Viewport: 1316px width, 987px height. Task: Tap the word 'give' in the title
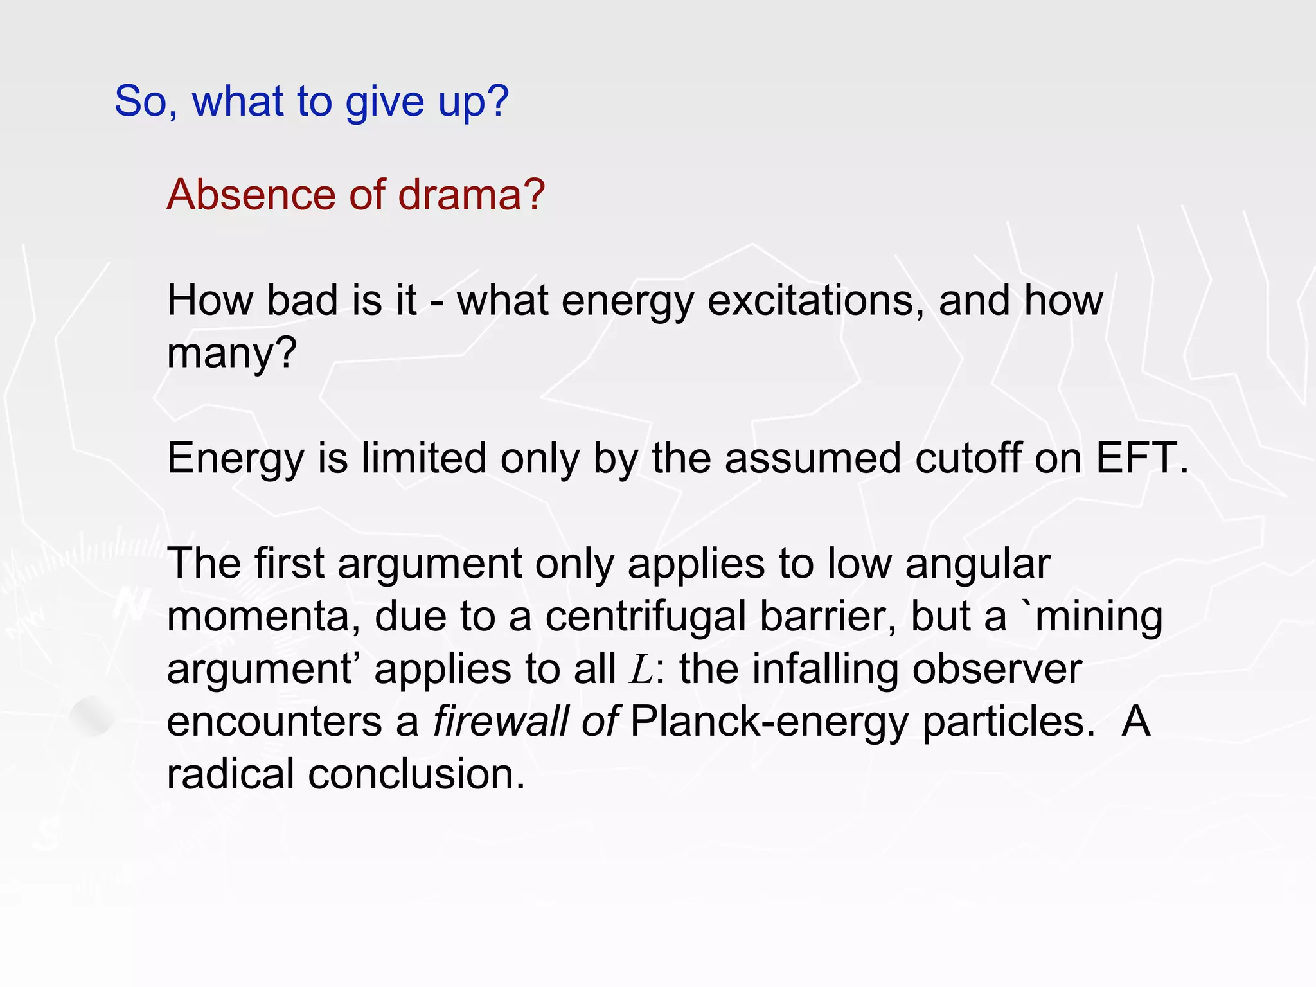coord(385,102)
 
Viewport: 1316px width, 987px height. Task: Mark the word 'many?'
coord(232,353)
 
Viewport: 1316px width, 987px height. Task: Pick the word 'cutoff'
coord(968,458)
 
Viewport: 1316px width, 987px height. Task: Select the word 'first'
coord(289,564)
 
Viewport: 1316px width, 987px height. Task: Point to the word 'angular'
coord(977,564)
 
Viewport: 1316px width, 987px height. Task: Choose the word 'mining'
coord(1099,616)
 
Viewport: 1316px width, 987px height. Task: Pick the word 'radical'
coord(231,774)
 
